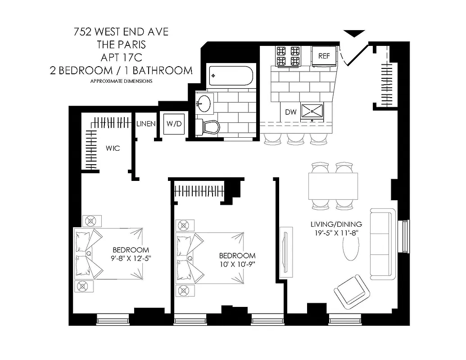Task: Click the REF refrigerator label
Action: click(x=324, y=56)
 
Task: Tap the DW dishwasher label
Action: click(x=290, y=112)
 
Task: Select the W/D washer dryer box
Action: click(x=174, y=124)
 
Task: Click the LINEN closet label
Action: click(x=146, y=124)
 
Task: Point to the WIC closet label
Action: click(x=113, y=148)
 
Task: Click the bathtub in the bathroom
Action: click(x=231, y=76)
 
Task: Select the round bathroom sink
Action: click(x=204, y=103)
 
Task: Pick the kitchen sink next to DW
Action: click(x=313, y=111)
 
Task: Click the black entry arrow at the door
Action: click(x=353, y=33)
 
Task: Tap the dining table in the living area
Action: click(x=334, y=186)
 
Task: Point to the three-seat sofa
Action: click(x=383, y=243)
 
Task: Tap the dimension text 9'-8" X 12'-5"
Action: click(x=131, y=258)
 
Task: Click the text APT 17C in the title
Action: click(x=122, y=57)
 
